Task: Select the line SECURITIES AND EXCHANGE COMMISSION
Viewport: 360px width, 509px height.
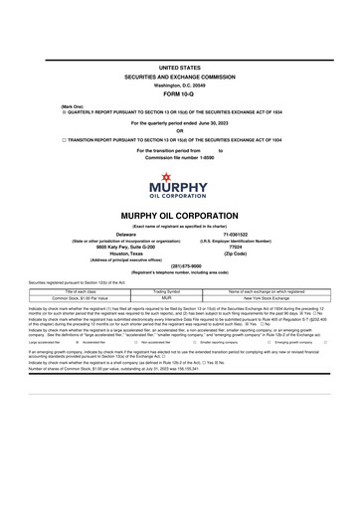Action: [180, 76]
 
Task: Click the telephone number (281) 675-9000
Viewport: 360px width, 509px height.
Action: [180, 265]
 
